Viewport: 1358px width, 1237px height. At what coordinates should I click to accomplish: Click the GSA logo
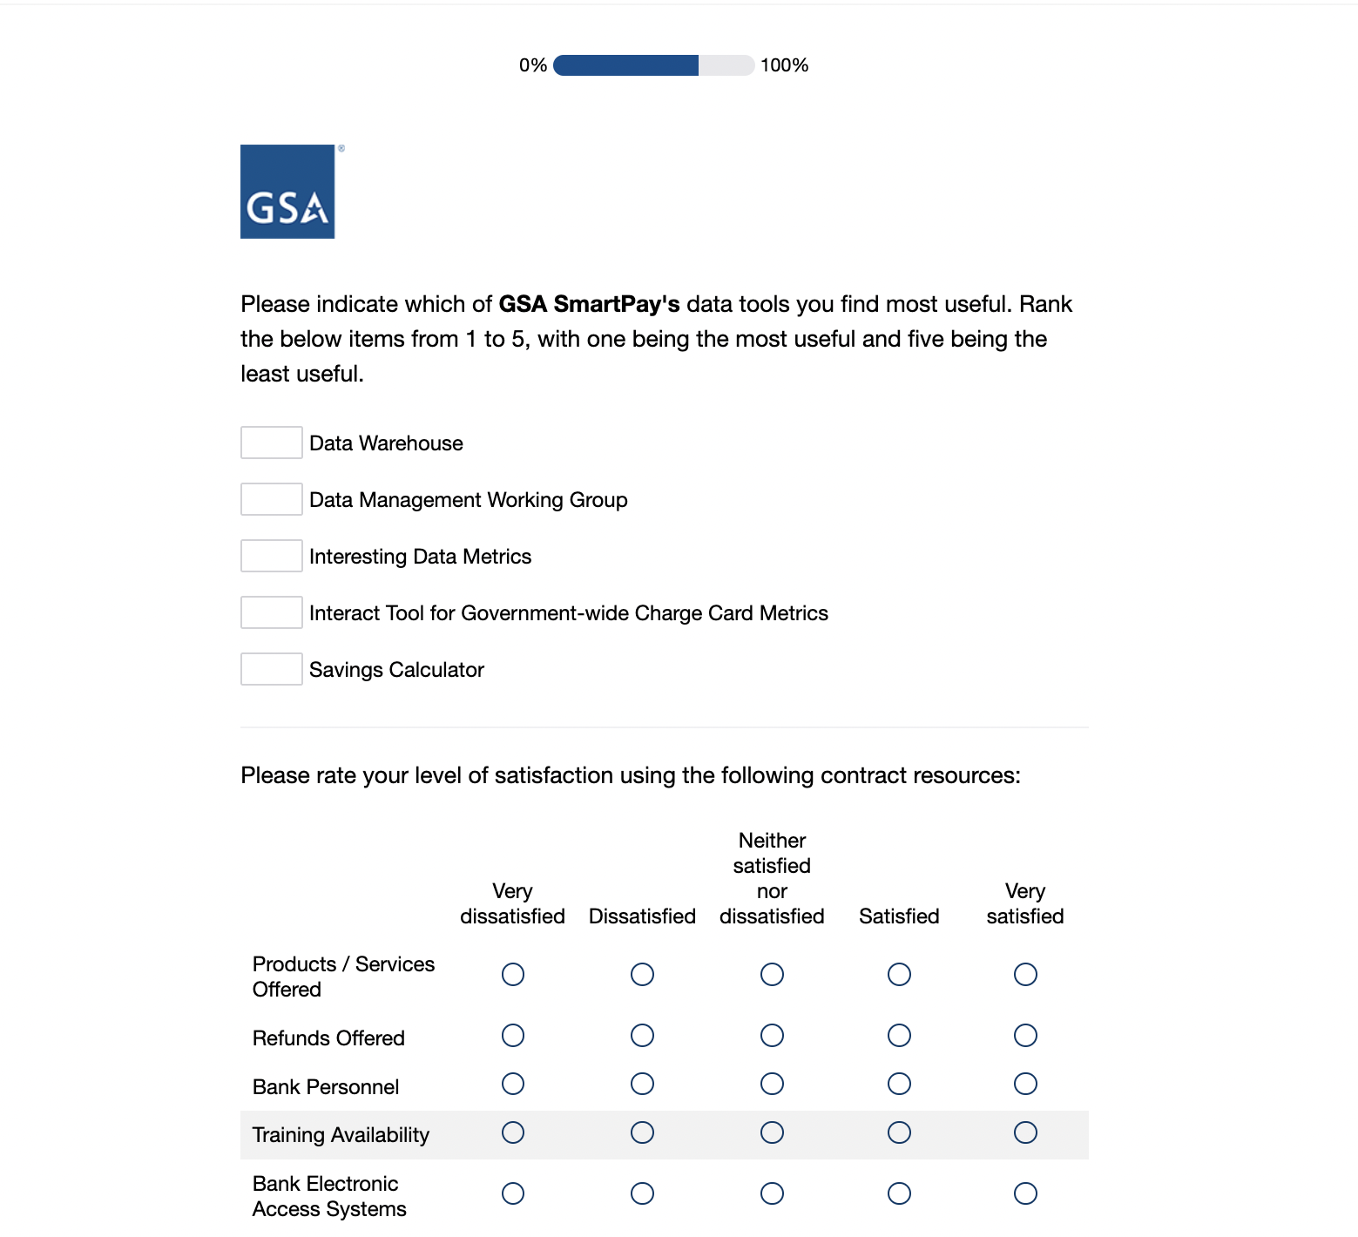click(x=287, y=192)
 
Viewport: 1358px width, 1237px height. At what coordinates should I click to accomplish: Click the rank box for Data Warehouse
click(x=272, y=443)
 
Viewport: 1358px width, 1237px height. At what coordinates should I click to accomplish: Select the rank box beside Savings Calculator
click(x=272, y=669)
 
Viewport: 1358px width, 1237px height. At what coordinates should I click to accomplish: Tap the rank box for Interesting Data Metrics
click(x=272, y=556)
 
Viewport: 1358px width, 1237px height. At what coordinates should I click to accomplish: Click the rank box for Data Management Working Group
click(x=272, y=499)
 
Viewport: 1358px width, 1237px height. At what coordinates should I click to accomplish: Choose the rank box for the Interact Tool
click(x=272, y=612)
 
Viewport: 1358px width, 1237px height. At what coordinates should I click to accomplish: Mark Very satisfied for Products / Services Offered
click(x=1025, y=974)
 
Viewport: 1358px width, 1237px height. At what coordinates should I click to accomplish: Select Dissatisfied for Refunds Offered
click(x=642, y=1035)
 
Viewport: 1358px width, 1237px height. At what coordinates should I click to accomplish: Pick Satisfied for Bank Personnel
click(x=899, y=1084)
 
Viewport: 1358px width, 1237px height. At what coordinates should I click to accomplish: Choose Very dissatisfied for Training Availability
click(x=513, y=1132)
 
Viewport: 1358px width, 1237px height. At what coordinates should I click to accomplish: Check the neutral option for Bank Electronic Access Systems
click(x=772, y=1193)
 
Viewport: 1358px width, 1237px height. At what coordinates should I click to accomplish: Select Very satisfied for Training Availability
click(x=1025, y=1132)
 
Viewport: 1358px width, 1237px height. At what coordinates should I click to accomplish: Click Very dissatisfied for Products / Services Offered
click(x=513, y=974)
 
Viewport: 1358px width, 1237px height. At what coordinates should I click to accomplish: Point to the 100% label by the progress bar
click(x=784, y=65)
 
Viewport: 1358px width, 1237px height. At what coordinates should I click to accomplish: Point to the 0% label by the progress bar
click(x=532, y=65)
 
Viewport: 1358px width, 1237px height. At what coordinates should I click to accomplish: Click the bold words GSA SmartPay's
click(x=589, y=304)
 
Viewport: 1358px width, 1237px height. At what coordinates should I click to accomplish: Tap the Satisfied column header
click(x=899, y=916)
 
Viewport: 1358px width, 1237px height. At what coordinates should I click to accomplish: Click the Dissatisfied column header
click(x=642, y=916)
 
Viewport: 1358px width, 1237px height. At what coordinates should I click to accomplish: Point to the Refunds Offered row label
click(x=328, y=1038)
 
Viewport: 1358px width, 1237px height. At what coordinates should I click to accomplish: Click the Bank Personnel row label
click(x=326, y=1087)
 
